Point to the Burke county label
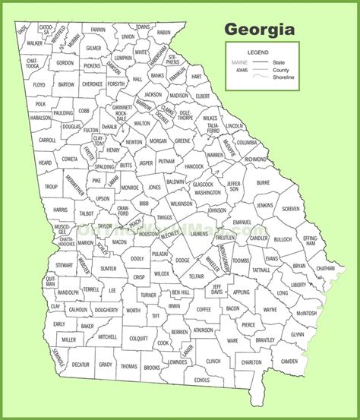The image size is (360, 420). pos(263,183)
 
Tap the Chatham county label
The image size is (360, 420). pos(325,268)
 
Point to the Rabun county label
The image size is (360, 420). pos(163,33)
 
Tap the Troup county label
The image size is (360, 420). pos(51,186)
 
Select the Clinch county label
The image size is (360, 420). pos(214,362)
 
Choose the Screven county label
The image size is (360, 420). pos(290,209)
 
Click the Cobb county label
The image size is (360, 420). pos(84,111)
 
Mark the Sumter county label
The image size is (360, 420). pos(108,268)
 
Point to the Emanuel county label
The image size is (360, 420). pos(242,222)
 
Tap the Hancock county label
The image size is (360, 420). pos(194,165)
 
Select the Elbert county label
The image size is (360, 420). pos(204,97)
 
